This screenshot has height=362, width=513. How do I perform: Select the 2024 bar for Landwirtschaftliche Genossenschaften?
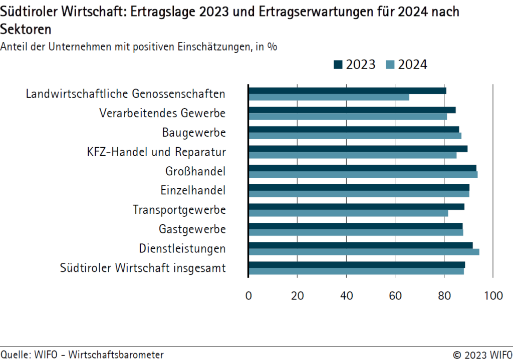pos(329,97)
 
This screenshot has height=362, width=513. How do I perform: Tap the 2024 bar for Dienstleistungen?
pos(364,252)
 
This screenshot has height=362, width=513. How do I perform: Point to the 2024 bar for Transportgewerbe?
pos(348,213)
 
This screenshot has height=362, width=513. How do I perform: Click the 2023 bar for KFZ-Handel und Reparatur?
pos(358,149)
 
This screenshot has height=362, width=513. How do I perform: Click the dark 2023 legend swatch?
pos(338,65)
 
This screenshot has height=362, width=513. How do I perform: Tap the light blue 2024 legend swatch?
pos(391,65)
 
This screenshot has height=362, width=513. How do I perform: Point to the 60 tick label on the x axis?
pos(395,296)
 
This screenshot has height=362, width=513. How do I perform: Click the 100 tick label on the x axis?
pos(493,296)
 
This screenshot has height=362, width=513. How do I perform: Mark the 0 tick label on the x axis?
pos(248,296)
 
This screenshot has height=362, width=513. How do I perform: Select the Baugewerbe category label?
pos(194,133)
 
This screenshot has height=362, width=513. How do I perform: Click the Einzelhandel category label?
pos(193,191)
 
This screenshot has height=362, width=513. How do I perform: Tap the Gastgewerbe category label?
pos(192,229)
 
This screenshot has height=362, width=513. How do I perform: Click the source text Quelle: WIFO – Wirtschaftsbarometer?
pos(82,354)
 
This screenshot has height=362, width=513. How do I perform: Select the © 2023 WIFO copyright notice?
pos(482,354)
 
